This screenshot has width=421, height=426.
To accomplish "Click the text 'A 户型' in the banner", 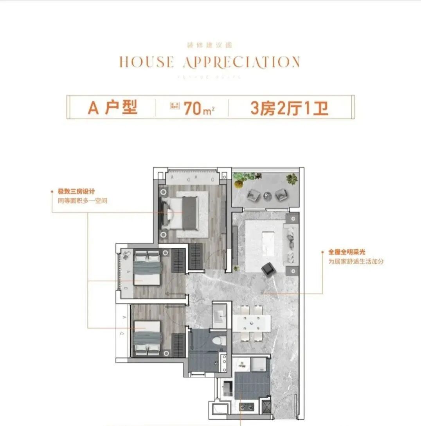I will [113, 107].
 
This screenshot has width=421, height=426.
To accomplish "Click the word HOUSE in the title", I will [146, 62].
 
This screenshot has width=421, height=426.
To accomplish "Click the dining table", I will [252, 323].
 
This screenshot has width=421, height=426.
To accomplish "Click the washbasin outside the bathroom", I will [219, 315].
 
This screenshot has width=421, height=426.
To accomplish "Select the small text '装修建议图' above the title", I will [210, 45].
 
